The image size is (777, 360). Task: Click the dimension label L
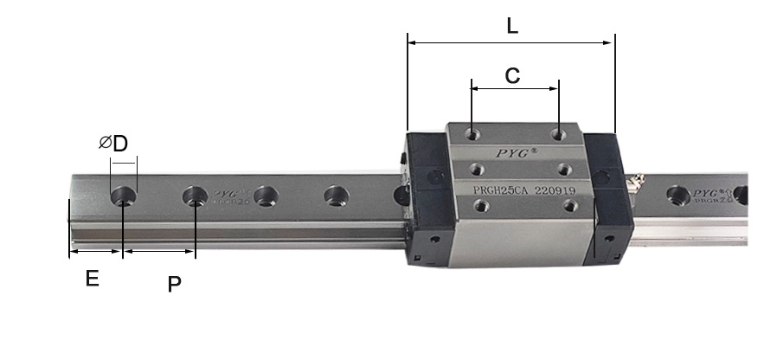click(512, 26)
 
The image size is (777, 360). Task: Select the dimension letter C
click(512, 75)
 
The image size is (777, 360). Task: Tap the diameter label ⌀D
click(113, 144)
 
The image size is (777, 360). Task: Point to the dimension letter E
click(91, 279)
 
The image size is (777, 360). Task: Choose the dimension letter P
click(174, 283)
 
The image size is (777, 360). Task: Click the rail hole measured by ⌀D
click(124, 195)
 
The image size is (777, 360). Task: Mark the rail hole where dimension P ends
click(196, 196)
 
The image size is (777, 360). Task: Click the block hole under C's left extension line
click(472, 134)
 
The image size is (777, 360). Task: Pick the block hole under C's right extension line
click(559, 134)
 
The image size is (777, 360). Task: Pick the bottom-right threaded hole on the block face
click(568, 205)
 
